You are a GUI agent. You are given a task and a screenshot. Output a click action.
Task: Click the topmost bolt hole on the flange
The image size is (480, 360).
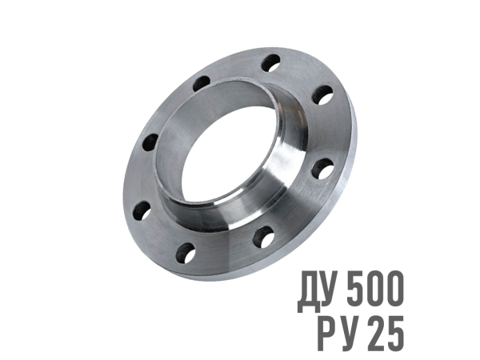271,63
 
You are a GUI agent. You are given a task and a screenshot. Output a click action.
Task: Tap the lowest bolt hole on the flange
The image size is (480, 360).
186,253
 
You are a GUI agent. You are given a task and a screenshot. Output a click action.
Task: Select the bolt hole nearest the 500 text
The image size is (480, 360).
263,237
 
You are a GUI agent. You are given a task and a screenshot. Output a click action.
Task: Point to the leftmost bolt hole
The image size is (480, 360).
142,210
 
